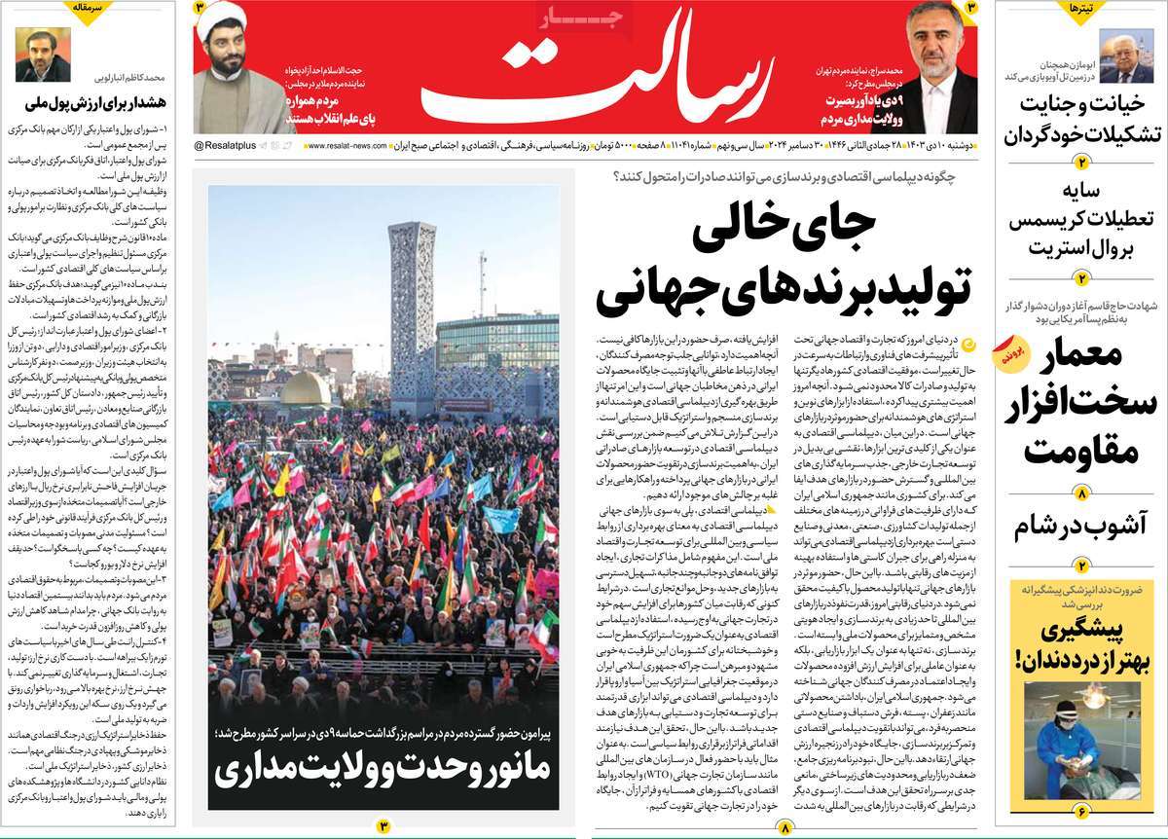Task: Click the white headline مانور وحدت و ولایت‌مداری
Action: point(383,769)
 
